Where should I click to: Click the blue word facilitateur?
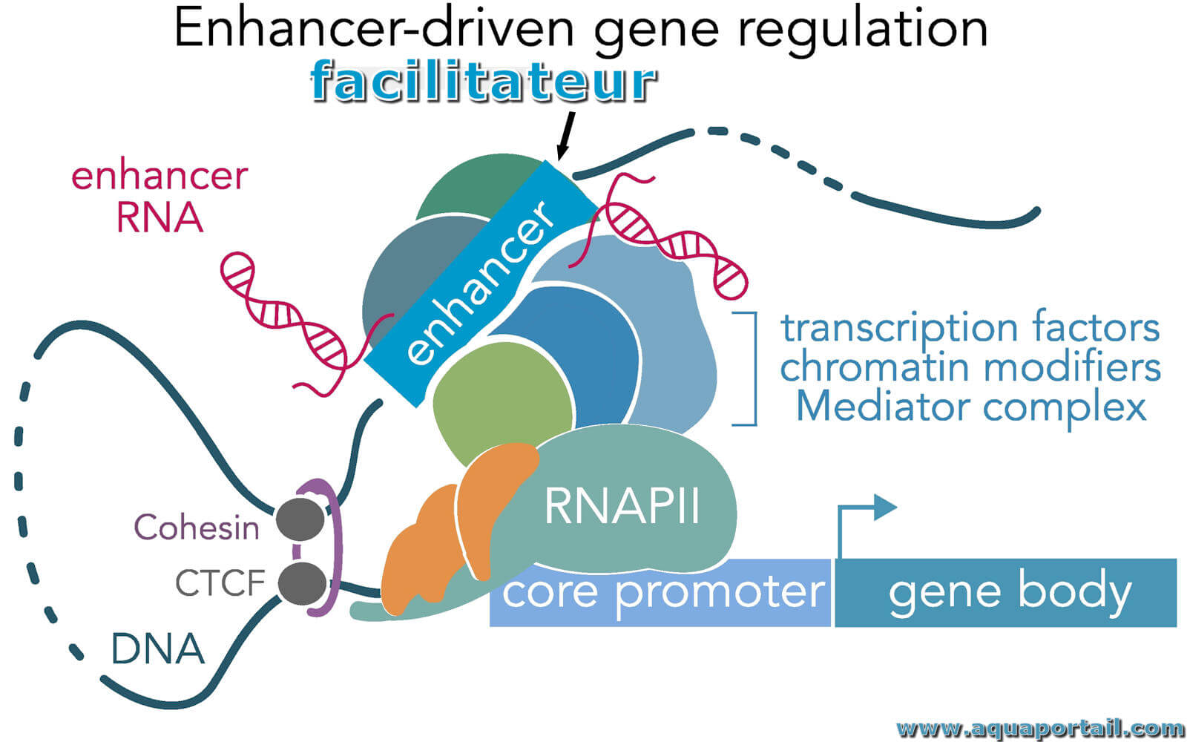coord(483,81)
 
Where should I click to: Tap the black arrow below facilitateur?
coord(565,136)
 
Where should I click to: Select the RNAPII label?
coord(622,505)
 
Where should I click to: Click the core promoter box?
coord(660,593)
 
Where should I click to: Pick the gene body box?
coord(1006,593)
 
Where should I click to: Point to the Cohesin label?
coord(197,528)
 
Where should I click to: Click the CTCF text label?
coord(220,583)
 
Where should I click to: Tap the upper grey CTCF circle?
coord(300,519)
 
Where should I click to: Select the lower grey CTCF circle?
coord(302,583)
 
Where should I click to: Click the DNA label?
coord(157,649)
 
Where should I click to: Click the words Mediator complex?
coord(971,407)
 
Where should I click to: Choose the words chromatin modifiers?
coord(971,367)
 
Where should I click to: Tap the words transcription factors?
coord(971,327)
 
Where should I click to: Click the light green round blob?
coord(502,403)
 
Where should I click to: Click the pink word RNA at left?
coord(160,217)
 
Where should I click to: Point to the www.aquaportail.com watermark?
coord(1041,729)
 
